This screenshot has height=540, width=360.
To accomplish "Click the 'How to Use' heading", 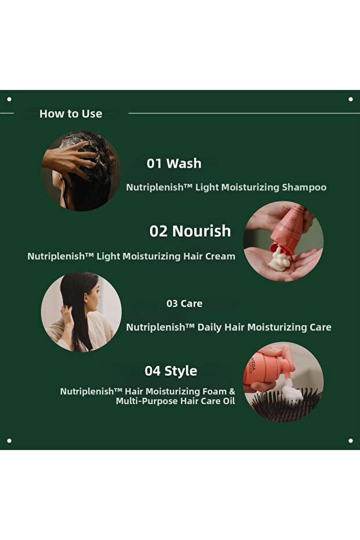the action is pyautogui.click(x=71, y=114).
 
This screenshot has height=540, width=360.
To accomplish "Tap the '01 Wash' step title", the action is pyautogui.click(x=174, y=163).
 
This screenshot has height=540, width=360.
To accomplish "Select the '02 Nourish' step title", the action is pyautogui.click(x=190, y=231).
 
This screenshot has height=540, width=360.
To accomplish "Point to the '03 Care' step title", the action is pyautogui.click(x=184, y=303).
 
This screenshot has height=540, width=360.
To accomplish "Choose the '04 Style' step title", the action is pyautogui.click(x=170, y=371).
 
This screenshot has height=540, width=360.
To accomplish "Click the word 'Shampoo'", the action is pyautogui.click(x=304, y=187).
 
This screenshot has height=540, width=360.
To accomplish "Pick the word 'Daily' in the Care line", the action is pyautogui.click(x=210, y=327).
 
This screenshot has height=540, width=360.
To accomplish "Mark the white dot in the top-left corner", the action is pyautogui.click(x=9, y=99).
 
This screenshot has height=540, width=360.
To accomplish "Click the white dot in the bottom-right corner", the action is pyautogui.click(x=350, y=440).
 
